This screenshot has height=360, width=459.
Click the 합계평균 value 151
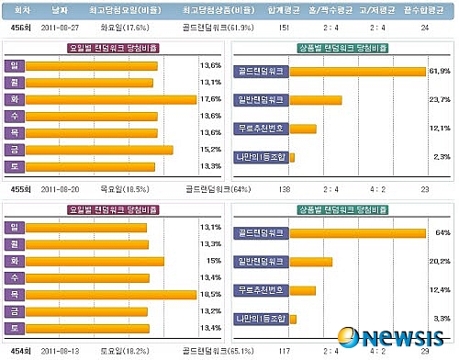coord(284,28)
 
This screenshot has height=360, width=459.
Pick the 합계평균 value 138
coord(284,188)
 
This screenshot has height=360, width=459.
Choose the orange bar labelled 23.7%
coord(316,100)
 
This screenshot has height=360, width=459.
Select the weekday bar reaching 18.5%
coord(111,295)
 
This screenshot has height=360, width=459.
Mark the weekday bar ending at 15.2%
coord(99,149)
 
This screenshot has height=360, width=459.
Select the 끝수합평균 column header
coord(424,9)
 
